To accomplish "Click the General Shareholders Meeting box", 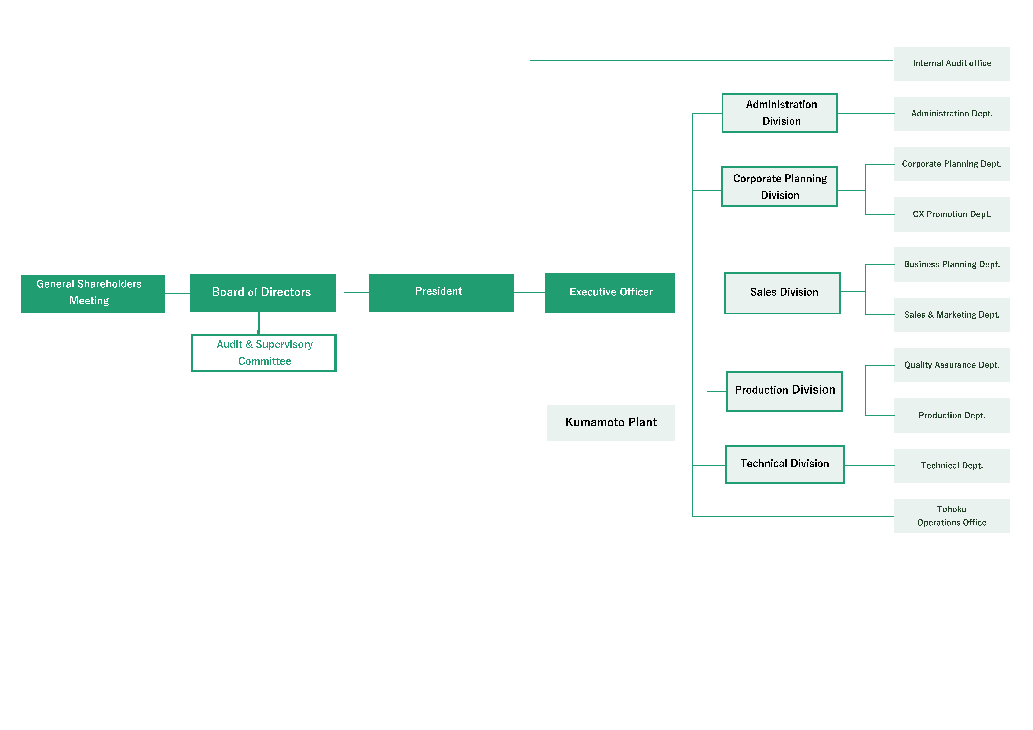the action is (93, 293).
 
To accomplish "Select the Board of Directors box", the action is (263, 293).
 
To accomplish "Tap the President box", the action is (441, 293).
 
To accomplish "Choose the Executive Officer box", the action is (610, 293).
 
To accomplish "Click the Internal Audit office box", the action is (952, 63).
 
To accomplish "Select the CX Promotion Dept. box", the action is (952, 215).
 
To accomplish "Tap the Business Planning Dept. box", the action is (952, 264).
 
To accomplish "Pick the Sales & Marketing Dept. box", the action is (952, 315).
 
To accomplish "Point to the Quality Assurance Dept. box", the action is (952, 365).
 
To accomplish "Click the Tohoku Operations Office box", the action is (952, 516).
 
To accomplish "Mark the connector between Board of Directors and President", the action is (352, 293).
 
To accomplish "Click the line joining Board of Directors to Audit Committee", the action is (259, 323).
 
